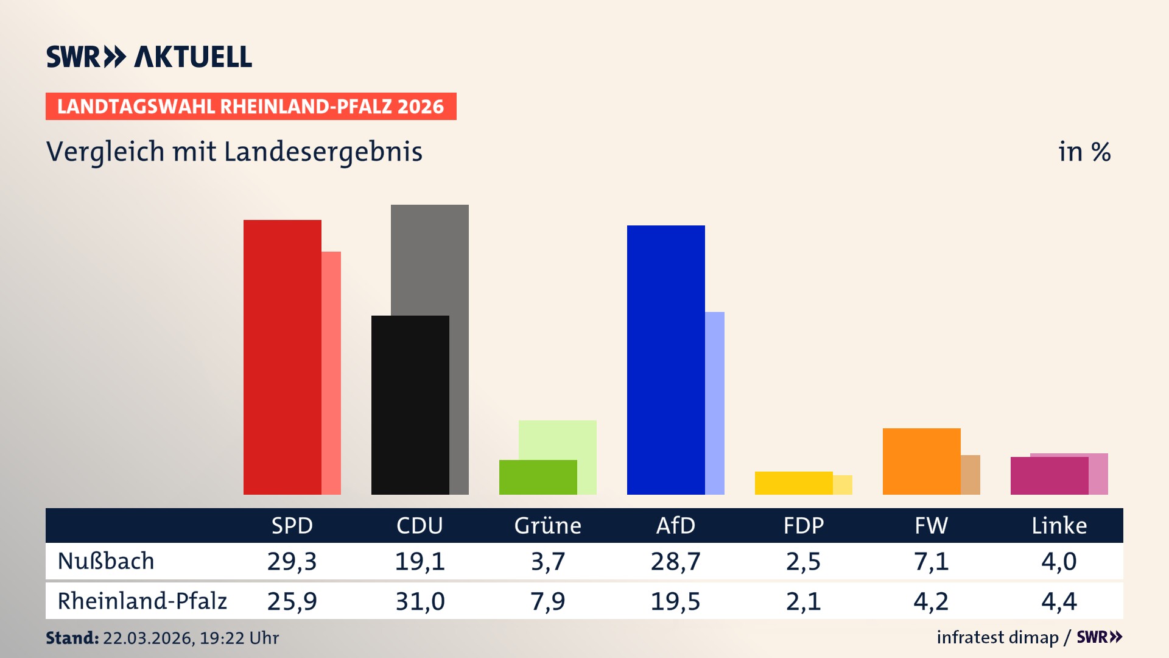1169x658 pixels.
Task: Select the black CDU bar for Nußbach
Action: pos(410,405)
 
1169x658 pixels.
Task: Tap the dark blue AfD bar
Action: pos(665,359)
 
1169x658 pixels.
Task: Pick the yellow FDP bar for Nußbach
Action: pos(793,483)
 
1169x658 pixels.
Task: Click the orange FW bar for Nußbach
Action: pos(921,461)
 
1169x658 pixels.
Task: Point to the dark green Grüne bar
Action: pos(538,477)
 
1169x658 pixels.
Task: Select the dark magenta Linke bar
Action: pos(1049,476)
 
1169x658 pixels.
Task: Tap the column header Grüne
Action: pos(547,525)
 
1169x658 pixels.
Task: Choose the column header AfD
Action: pos(675,525)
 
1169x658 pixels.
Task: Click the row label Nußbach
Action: pos(106,561)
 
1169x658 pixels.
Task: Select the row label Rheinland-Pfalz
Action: pos(142,601)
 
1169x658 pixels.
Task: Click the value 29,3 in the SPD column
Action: pos(292,561)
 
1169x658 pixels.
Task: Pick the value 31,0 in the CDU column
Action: pos(420,601)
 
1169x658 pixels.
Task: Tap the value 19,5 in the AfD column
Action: pos(675,601)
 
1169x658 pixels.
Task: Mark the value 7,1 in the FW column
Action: pos(931,561)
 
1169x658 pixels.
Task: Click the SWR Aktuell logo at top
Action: pos(149,57)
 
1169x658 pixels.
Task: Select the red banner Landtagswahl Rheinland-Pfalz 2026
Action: pos(251,107)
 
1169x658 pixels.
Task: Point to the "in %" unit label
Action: pos(1084,152)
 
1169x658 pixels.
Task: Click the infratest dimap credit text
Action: pos(997,637)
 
